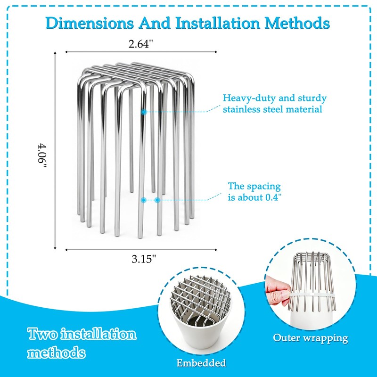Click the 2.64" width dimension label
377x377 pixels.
point(141,44)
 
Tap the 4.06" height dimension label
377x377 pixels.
point(42,156)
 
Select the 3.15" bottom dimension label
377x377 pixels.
point(144,259)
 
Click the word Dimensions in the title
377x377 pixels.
point(90,23)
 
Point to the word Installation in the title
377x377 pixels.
point(218,23)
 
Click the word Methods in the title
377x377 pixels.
point(297,23)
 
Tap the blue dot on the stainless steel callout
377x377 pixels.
point(144,112)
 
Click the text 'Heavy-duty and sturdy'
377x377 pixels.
point(275,98)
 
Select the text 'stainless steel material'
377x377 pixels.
point(272,109)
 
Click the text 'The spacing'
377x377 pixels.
point(254,186)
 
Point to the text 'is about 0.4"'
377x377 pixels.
point(254,197)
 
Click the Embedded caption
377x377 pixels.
point(201,363)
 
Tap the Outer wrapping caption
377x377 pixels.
point(311,338)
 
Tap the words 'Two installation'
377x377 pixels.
point(82,334)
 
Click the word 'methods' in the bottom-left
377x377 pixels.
point(57,352)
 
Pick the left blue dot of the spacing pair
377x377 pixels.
point(144,200)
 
